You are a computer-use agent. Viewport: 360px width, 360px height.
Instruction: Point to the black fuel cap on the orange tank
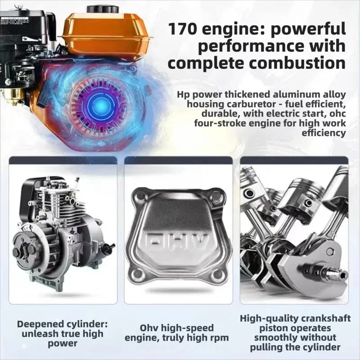(103, 10)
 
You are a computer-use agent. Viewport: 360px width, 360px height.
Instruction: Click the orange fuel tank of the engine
(106, 34)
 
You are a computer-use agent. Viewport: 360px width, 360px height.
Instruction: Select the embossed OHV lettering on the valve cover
(177, 243)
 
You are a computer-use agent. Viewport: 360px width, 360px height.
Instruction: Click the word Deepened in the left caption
(37, 324)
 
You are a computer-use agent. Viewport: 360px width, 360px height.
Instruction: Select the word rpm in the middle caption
(219, 338)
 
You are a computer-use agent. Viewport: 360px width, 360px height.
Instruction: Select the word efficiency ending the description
(324, 133)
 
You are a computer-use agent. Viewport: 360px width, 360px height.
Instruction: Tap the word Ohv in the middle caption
(149, 328)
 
